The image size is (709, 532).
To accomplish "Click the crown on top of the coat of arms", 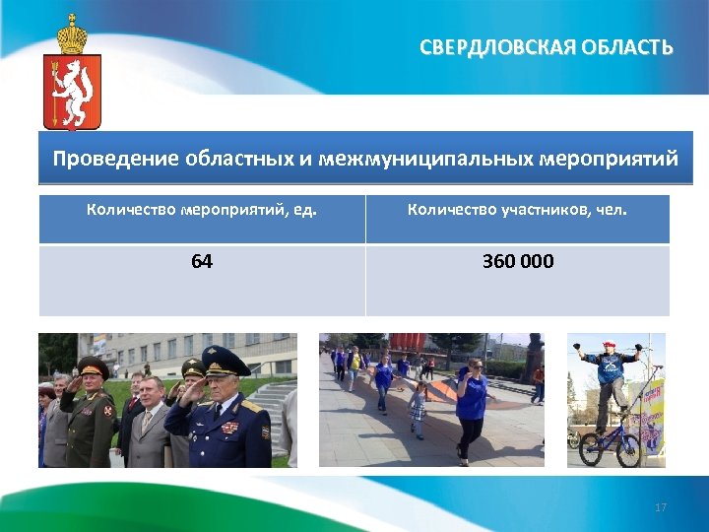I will pos(72,35).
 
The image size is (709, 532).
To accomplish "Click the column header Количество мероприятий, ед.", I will pos(202,209).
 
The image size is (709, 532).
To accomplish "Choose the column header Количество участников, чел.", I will pos(517,209).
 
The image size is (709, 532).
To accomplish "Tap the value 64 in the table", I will pos(202,262).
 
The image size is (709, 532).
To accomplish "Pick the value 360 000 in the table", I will pos(517,262).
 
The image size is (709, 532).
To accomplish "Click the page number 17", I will pos(661,507).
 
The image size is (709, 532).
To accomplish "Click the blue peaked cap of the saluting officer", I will pos(226,356).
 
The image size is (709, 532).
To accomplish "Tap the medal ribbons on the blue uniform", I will pos(229,427).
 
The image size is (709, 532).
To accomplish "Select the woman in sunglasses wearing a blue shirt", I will pos(471,404).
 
